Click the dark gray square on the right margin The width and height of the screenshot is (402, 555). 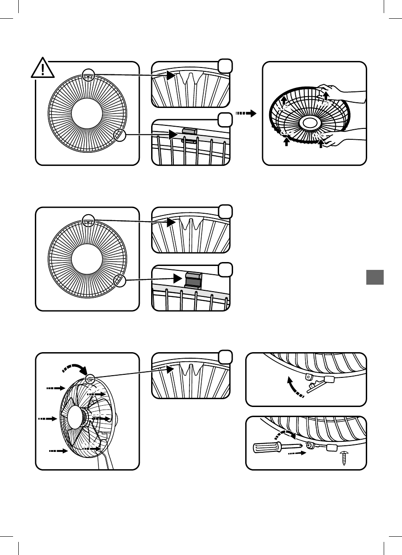point(375,277)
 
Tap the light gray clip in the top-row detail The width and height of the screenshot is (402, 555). point(189,131)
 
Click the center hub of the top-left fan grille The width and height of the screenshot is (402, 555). point(88,114)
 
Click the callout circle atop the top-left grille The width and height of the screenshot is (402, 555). point(89,75)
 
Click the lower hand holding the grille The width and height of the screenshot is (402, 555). point(344,140)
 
